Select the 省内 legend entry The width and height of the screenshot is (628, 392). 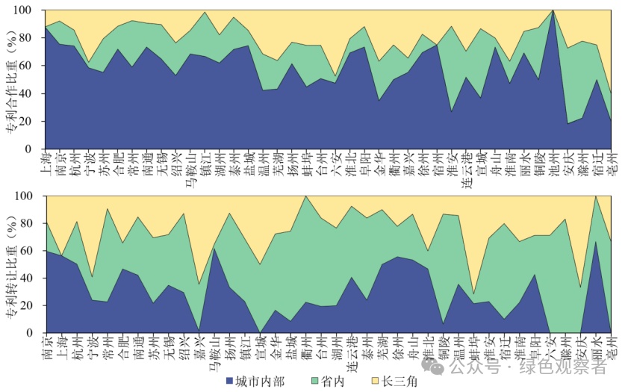click(x=327, y=382)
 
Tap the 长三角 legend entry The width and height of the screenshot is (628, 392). click(x=397, y=382)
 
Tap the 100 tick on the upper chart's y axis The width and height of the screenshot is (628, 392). click(x=25, y=11)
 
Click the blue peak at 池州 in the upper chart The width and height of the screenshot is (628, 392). click(x=553, y=12)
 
